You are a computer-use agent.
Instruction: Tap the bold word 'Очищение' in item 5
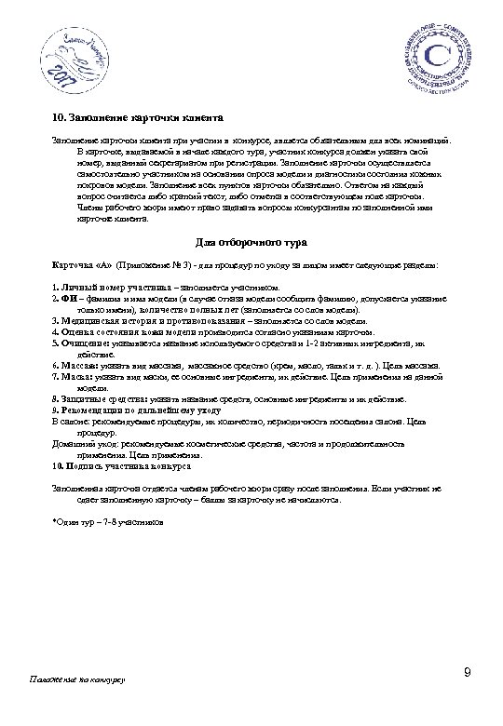click(x=80, y=342)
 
